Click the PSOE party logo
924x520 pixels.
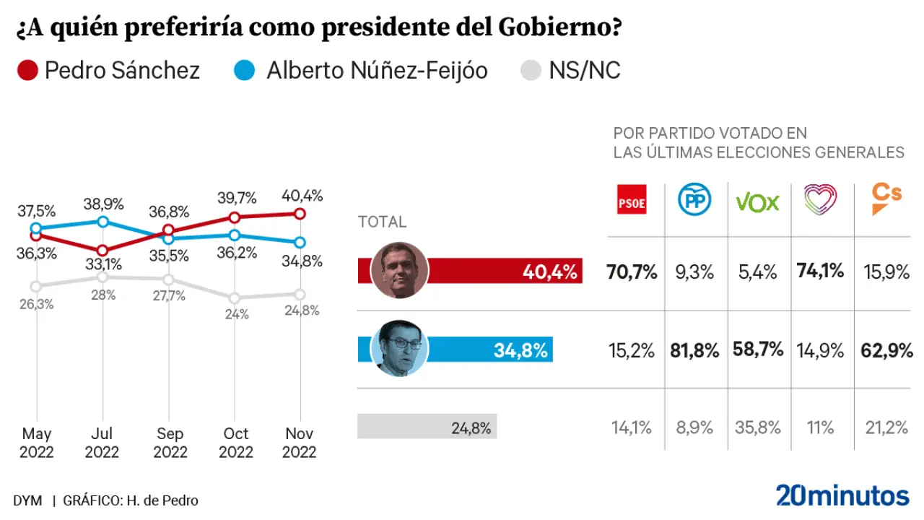(632, 200)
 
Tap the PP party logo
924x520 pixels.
(694, 200)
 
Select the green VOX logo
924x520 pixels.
(757, 201)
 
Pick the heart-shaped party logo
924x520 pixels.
(820, 199)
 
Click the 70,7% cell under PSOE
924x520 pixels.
(632, 272)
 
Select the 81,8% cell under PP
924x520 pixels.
(694, 351)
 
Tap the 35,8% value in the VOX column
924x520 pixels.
(757, 428)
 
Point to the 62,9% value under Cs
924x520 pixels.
(886, 351)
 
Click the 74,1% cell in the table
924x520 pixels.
(821, 272)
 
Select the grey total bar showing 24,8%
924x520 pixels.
(427, 427)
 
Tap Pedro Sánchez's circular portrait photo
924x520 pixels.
(399, 271)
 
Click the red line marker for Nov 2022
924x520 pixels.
(300, 213)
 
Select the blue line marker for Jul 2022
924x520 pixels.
(103, 221)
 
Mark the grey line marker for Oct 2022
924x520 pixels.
(234, 298)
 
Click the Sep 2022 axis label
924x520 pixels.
(170, 443)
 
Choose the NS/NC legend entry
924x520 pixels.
(570, 71)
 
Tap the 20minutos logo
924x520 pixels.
(842, 495)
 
